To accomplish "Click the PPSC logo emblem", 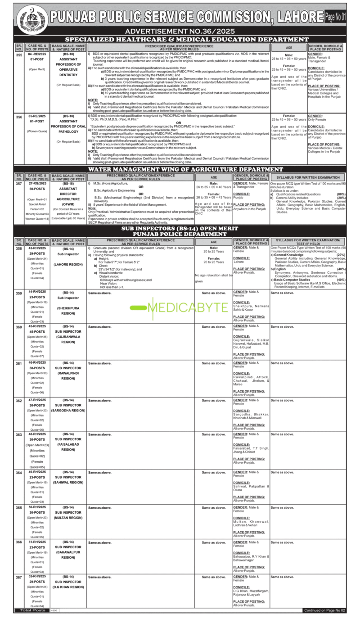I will pyautogui.click(x=31, y=20).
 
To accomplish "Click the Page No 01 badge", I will pyautogui.click(x=335, y=17).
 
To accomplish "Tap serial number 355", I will pyautogui.click(x=19, y=54).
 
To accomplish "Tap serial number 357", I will pyautogui.click(x=19, y=183).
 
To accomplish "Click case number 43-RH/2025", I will pyautogui.click(x=37, y=248).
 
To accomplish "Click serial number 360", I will pyautogui.click(x=19, y=327).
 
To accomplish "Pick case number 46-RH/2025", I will pyautogui.click(x=37, y=362).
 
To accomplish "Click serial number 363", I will pyautogui.click(x=19, y=434).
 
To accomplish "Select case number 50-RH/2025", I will pyautogui.click(x=37, y=507).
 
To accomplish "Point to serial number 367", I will pyautogui.click(x=19, y=577).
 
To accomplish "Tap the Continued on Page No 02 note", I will pyautogui.click(x=324, y=610).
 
